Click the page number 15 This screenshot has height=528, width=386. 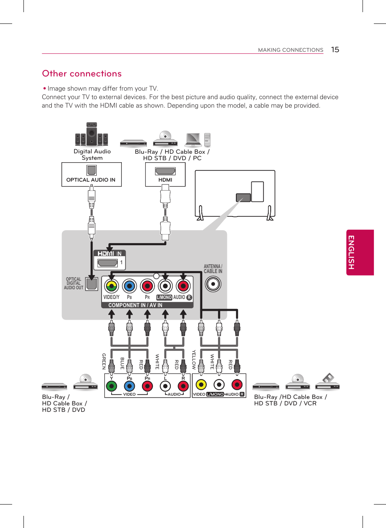[x=335, y=49]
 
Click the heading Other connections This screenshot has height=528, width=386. [x=82, y=74]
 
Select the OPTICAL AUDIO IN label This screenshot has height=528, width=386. [x=91, y=180]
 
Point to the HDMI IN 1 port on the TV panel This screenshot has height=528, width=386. [x=108, y=263]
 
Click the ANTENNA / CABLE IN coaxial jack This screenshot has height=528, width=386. [x=213, y=284]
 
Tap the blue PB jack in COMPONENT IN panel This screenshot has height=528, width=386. [x=129, y=286]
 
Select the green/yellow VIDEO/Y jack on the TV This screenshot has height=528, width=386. [x=111, y=286]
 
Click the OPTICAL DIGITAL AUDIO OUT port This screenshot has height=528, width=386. [x=92, y=284]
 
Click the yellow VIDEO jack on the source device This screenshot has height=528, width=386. [x=201, y=384]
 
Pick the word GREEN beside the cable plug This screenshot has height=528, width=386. [x=104, y=361]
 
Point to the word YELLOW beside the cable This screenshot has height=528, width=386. [x=194, y=360]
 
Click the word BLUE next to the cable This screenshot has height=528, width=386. [x=122, y=363]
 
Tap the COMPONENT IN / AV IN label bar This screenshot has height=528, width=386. [x=135, y=305]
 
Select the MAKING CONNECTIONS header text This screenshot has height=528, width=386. [x=291, y=50]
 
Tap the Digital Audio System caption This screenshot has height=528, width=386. [x=92, y=155]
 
